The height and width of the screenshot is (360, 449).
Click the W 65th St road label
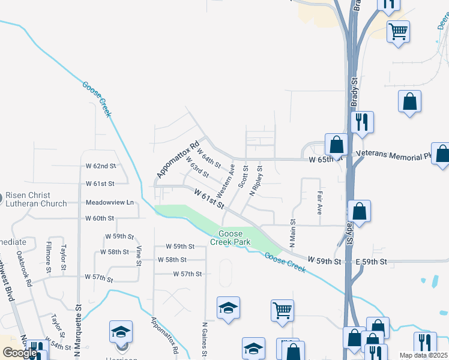324,160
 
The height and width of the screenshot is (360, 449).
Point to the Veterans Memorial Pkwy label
393,154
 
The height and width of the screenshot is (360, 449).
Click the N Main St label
293,233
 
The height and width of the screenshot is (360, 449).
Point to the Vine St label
139,256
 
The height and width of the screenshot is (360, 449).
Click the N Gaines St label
205,340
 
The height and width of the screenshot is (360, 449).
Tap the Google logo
19,353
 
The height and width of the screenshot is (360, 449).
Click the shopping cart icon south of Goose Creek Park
282,310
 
